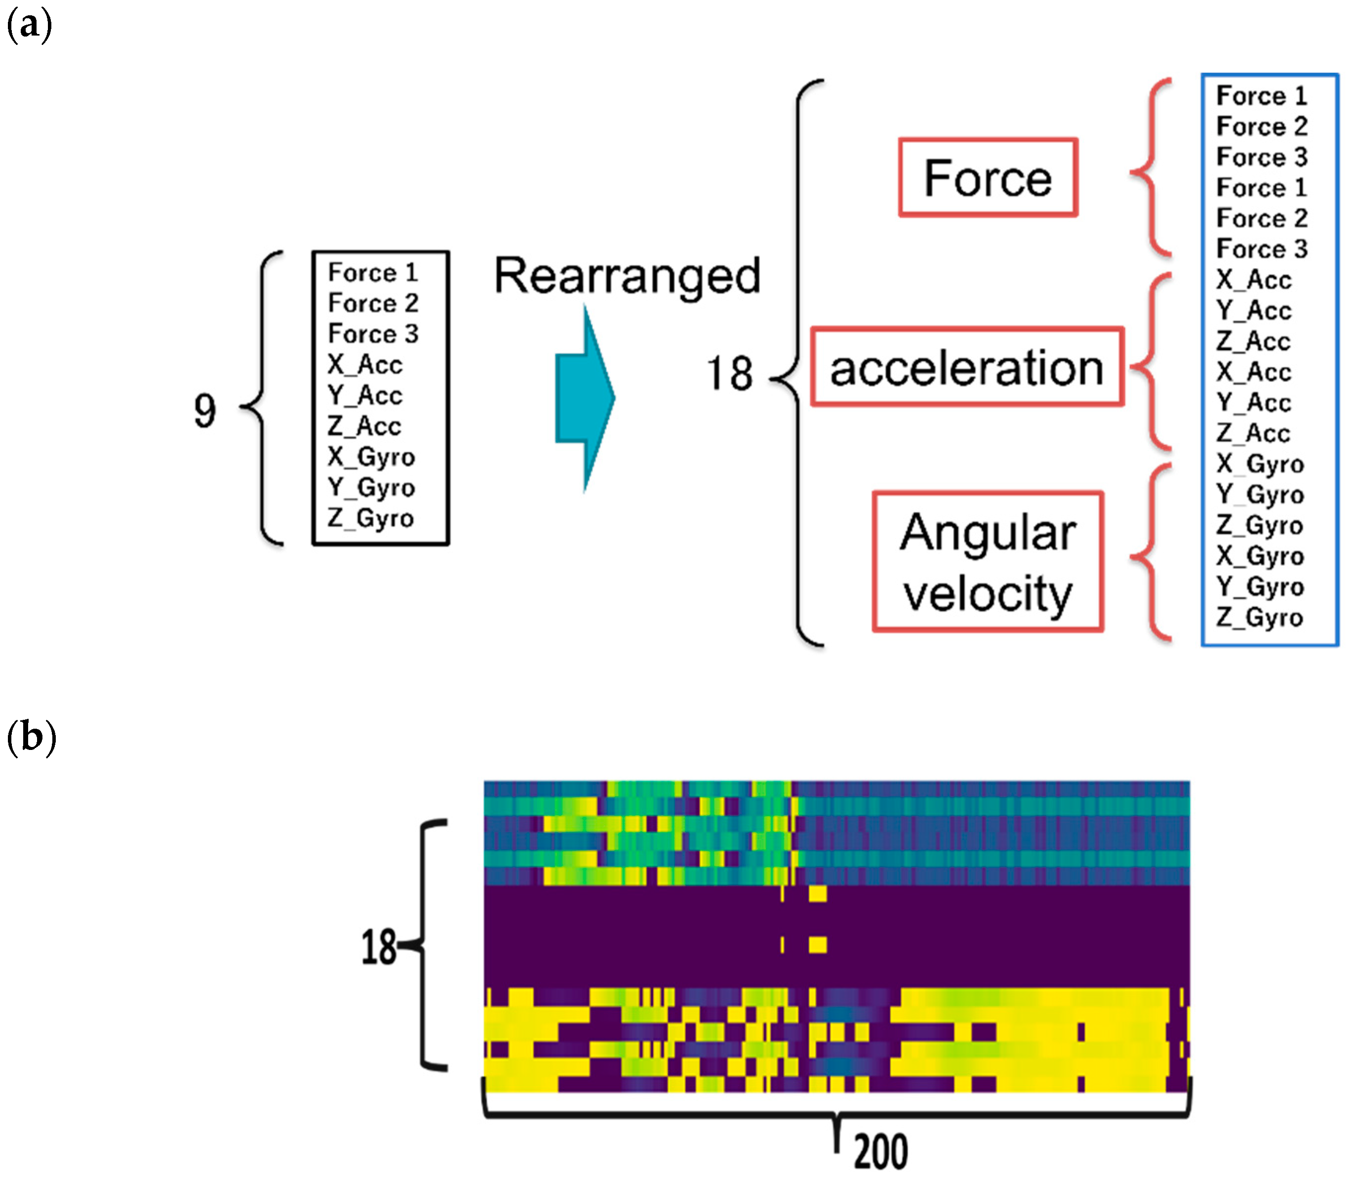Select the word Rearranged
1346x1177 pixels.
pyautogui.click(x=628, y=276)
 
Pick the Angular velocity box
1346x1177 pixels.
pyautogui.click(x=988, y=561)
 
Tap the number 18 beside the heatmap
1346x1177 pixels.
pyautogui.click(x=378, y=947)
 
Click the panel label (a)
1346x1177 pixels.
pyautogui.click(x=29, y=26)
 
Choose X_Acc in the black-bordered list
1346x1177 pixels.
pyautogui.click(x=365, y=364)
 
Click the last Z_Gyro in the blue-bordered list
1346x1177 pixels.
pyautogui.click(x=1259, y=618)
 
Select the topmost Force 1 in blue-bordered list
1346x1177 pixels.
pyautogui.click(x=1261, y=96)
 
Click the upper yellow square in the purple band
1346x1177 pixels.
pyautogui.click(x=817, y=894)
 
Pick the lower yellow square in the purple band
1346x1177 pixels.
pyautogui.click(x=817, y=945)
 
